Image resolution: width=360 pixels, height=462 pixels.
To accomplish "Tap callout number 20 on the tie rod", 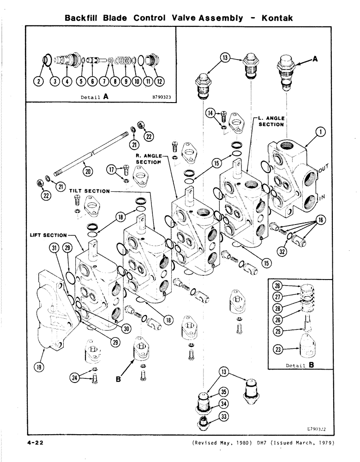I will pyautogui.click(x=88, y=172).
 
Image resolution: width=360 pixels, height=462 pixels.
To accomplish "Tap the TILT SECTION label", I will pyautogui.click(x=90, y=191).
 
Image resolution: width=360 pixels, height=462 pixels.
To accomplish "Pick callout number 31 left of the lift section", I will pyautogui.click(x=54, y=248).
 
